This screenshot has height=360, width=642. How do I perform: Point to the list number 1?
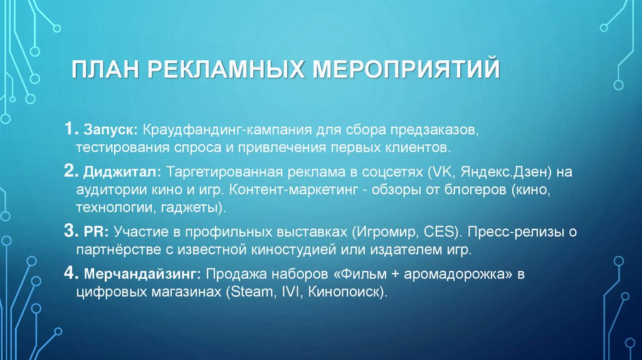coord(70,132)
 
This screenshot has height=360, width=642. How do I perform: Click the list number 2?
coord(70,171)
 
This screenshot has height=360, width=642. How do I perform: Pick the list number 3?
coord(70,232)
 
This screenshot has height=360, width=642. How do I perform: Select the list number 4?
coord(70,274)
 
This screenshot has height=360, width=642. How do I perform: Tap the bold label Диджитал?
coord(119,172)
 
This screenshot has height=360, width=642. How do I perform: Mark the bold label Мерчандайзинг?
coord(141,275)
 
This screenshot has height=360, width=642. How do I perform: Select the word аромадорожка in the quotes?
coord(443,275)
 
